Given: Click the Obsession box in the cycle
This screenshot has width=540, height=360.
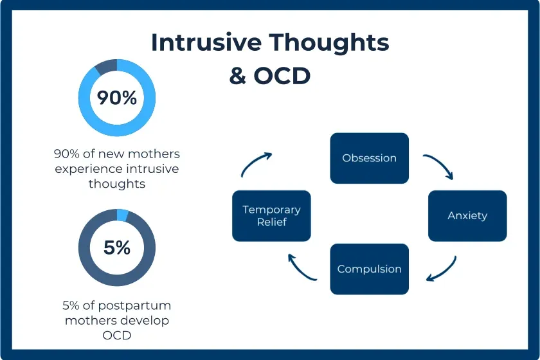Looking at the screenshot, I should (370, 158).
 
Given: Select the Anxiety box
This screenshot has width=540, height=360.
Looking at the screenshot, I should (467, 216).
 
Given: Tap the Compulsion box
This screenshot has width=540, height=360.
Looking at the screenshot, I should (370, 269).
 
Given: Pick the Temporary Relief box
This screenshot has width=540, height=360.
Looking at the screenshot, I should (271, 216).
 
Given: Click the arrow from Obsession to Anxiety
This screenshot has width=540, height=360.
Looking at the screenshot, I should (439, 166).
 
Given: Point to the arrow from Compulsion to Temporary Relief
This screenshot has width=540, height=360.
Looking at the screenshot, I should (301, 269).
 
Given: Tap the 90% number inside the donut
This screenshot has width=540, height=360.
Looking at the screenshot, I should (117, 98).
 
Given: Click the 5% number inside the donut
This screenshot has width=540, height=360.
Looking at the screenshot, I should (117, 248).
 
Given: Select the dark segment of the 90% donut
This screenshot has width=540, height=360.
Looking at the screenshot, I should (106, 65).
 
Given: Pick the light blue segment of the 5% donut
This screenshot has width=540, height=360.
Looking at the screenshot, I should (123, 215).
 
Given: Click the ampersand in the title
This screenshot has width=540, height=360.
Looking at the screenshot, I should (238, 75).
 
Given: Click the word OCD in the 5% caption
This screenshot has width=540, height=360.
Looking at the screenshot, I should (117, 334).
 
